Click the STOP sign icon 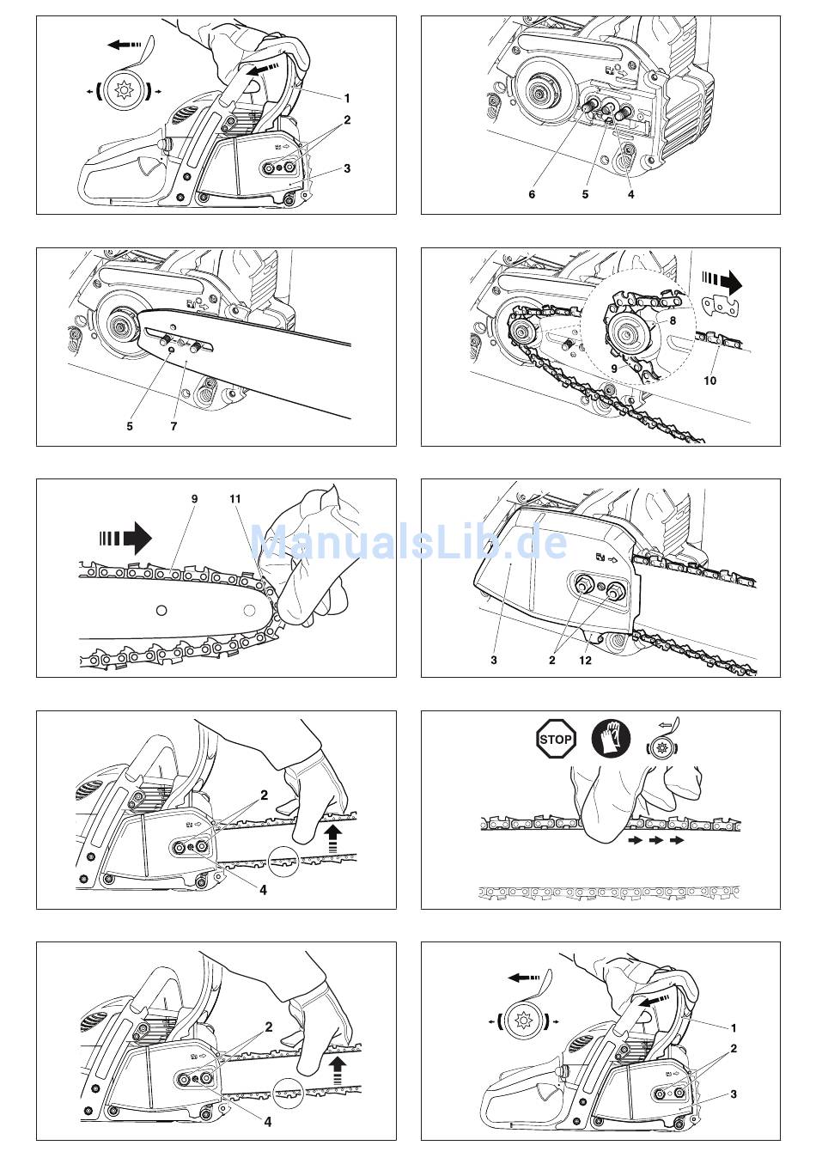tap(556, 740)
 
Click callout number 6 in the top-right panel tap(532, 194)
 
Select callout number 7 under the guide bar tap(174, 426)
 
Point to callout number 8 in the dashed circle tap(673, 320)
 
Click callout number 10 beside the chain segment tap(710, 380)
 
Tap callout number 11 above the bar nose tap(234, 498)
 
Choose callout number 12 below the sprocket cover tap(586, 660)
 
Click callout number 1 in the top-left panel tap(346, 98)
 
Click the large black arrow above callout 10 tap(722, 283)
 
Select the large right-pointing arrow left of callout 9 tap(125, 538)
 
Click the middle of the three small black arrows tap(656, 840)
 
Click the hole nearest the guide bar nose tap(250, 610)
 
